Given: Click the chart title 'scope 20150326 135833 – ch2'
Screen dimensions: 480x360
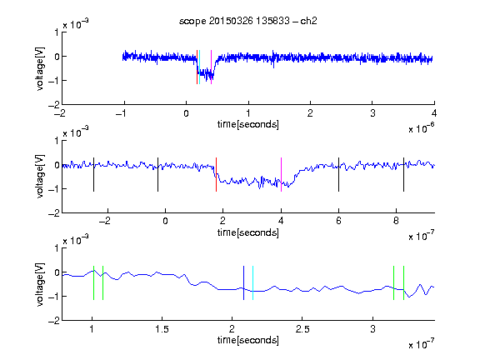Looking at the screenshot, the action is click(x=248, y=21).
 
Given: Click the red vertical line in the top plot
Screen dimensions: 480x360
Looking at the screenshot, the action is click(x=197, y=67).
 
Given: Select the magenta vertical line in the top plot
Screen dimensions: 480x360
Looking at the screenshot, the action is click(x=211, y=67).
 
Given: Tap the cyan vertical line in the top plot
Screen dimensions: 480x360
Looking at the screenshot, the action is click(x=200, y=67).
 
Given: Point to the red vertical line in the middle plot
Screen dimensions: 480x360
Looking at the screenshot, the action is click(x=216, y=174).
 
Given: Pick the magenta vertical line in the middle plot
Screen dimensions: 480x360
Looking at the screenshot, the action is click(x=281, y=174).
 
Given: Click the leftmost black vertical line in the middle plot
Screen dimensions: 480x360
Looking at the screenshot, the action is click(x=93, y=174).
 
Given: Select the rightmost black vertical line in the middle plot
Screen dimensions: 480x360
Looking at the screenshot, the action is click(x=403, y=174).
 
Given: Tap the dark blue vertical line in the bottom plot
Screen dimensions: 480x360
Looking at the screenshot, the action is click(x=243, y=282).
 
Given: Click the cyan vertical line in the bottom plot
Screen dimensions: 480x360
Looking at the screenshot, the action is click(x=252, y=282).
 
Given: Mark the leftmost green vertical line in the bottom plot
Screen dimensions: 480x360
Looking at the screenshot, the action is click(x=93, y=282).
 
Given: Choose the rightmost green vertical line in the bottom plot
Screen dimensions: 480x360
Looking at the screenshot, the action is click(x=403, y=282).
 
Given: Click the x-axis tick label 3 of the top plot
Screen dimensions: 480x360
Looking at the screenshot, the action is click(x=372, y=113).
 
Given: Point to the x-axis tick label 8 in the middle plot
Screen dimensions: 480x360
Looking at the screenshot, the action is click(x=396, y=221).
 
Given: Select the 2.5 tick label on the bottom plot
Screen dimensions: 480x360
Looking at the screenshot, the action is click(x=302, y=329).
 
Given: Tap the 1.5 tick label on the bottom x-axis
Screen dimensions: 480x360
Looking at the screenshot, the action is click(x=162, y=329).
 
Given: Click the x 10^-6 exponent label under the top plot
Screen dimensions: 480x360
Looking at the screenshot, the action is click(x=422, y=128).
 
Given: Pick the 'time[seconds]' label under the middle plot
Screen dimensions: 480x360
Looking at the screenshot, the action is click(x=248, y=233).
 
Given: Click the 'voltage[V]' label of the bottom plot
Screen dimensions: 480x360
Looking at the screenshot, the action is click(x=40, y=284).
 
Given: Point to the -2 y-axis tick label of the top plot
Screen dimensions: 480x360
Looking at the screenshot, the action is click(x=54, y=105).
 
